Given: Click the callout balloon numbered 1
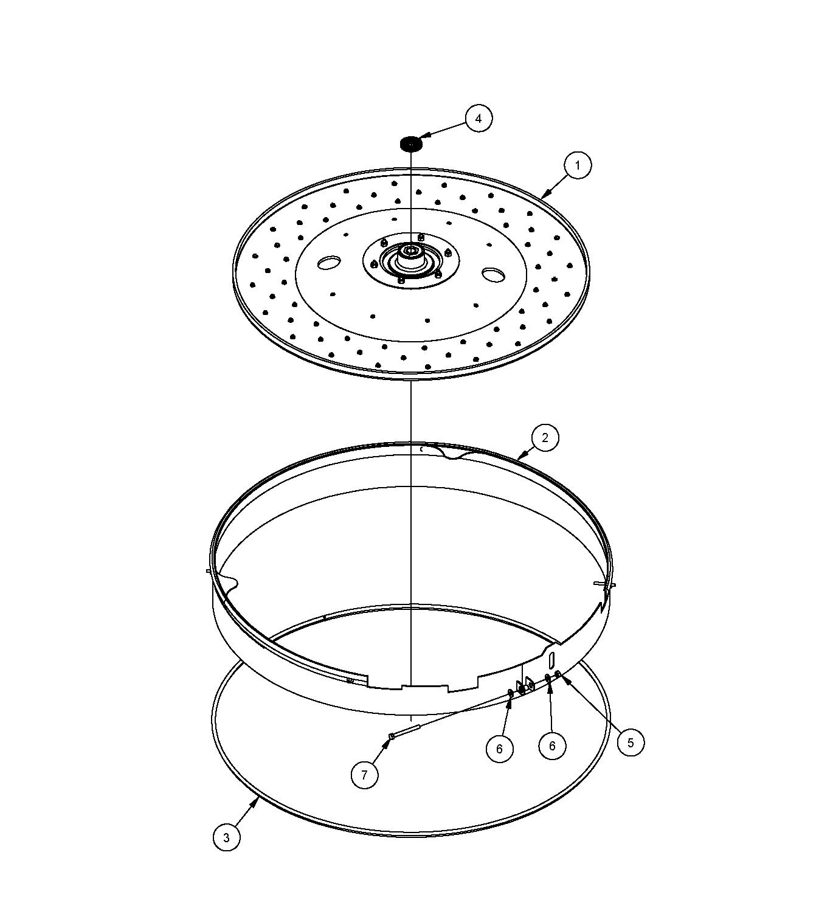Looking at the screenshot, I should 577,165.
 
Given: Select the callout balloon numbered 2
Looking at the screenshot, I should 544,437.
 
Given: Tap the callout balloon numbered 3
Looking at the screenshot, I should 226,838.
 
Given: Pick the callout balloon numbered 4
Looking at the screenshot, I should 479,119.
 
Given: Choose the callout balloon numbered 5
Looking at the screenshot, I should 630,742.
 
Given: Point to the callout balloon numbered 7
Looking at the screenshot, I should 364,775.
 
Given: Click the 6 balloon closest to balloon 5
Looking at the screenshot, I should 552,746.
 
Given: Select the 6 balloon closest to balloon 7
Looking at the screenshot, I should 499,749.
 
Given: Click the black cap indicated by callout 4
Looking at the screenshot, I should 411,144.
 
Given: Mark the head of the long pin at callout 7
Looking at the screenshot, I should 391,737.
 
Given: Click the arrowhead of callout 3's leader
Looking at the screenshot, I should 258,798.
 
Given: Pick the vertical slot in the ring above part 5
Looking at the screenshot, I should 551,659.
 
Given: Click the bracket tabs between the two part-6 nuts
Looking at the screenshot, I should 525,687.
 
